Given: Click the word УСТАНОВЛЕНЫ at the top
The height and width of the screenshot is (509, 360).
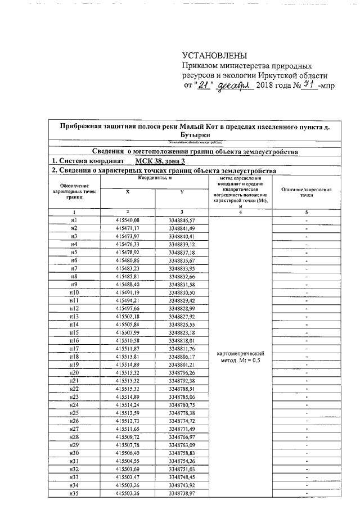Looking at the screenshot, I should (x=214, y=56).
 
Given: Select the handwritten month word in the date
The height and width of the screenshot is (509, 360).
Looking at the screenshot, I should (x=234, y=85).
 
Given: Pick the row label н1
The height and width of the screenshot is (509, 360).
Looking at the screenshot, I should (x=73, y=220).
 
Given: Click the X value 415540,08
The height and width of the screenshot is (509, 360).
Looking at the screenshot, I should (x=127, y=220).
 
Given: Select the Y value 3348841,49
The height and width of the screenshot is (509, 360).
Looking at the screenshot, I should (x=182, y=228).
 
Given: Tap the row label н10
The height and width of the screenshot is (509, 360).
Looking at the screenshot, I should (x=73, y=293).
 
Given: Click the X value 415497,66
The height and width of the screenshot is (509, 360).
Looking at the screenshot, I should (x=127, y=309).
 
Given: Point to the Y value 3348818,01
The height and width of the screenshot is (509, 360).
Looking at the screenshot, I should (x=182, y=341).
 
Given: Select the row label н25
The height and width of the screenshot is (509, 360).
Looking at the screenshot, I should (x=73, y=413).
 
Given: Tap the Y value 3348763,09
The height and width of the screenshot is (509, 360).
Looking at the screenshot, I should (x=182, y=445).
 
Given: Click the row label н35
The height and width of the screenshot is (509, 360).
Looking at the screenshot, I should (x=73, y=493).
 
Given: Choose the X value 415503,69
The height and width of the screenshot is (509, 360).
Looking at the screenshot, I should (x=127, y=469).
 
